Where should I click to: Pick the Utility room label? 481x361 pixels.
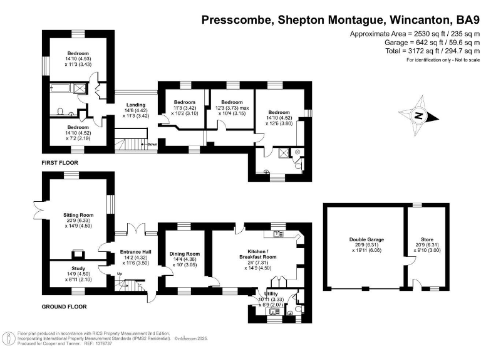point(271,293)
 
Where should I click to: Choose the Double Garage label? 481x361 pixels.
point(366,239)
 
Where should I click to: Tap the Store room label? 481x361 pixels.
point(427,239)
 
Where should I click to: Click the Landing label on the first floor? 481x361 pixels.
point(136,105)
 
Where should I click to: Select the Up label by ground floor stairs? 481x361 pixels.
point(120,274)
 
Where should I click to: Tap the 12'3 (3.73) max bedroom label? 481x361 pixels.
point(232,108)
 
